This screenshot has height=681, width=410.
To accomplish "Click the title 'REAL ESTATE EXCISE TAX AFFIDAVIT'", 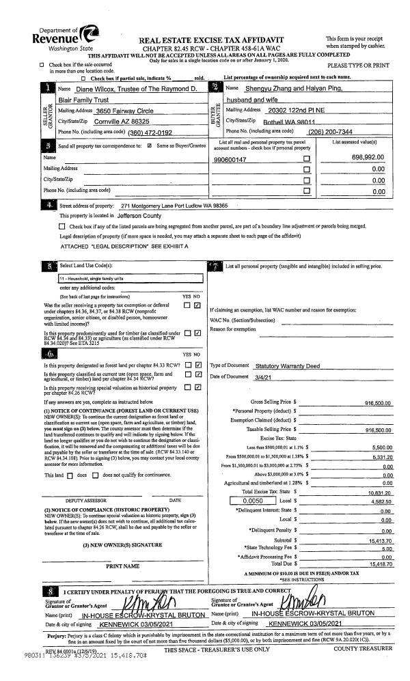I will (210, 40).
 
